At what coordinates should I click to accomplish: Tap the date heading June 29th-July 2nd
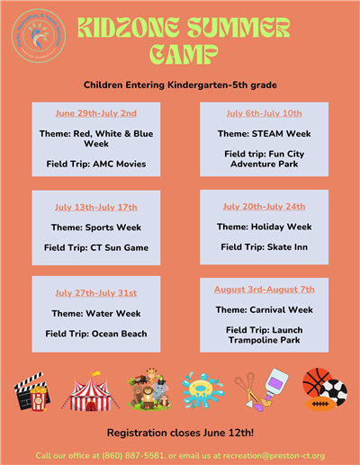pyautogui.click(x=95, y=114)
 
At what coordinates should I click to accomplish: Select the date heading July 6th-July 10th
pyautogui.click(x=264, y=114)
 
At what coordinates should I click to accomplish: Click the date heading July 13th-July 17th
pyautogui.click(x=95, y=207)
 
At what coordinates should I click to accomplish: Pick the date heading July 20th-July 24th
pyautogui.click(x=264, y=207)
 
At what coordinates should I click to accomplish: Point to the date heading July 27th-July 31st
pyautogui.click(x=95, y=293)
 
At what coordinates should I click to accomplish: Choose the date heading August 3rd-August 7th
pyautogui.click(x=264, y=290)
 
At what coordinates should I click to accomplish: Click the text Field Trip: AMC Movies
pyautogui.click(x=95, y=164)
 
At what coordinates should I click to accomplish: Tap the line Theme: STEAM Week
pyautogui.click(x=264, y=134)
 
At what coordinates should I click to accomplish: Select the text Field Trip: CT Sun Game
pyautogui.click(x=95, y=247)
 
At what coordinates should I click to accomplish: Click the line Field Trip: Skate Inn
pyautogui.click(x=264, y=246)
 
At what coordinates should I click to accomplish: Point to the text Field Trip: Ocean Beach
pyautogui.click(x=95, y=334)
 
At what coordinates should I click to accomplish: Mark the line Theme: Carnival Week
pyautogui.click(x=264, y=309)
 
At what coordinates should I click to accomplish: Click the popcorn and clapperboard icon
pyautogui.click(x=31, y=390)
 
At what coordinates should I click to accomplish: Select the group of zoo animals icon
pyautogui.click(x=148, y=389)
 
